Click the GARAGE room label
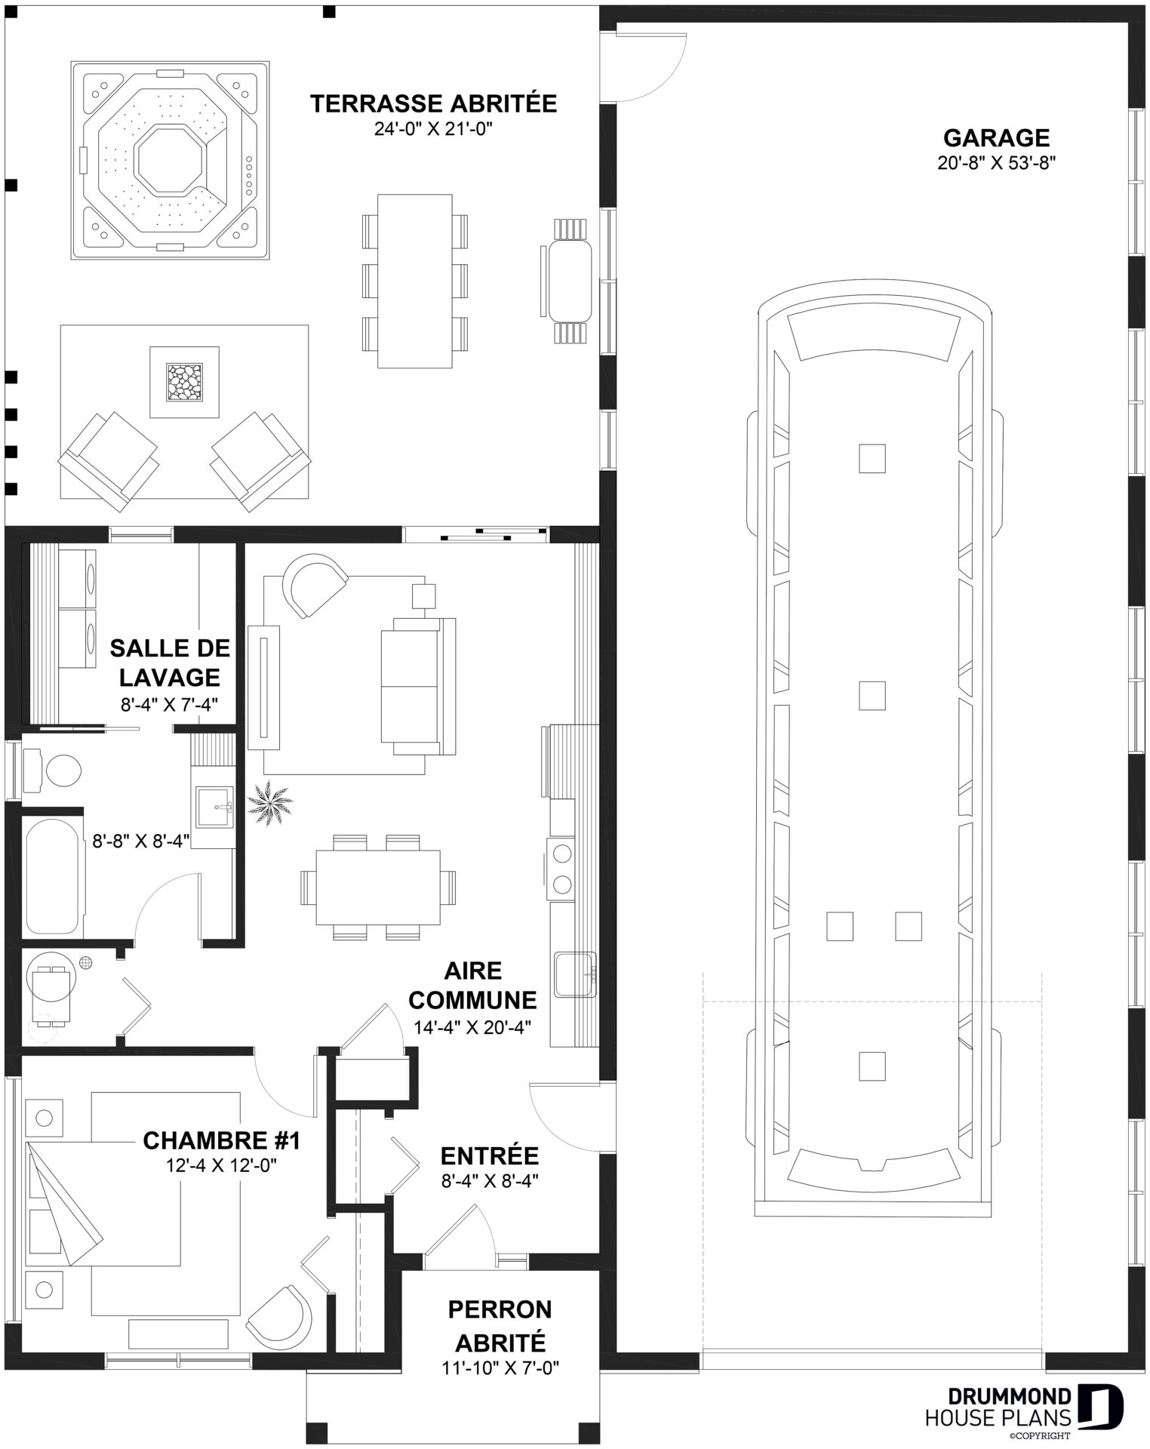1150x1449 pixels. [996, 138]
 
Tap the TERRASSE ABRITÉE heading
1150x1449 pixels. [434, 103]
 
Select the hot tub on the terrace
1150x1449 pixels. [171, 161]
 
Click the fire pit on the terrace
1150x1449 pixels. [185, 382]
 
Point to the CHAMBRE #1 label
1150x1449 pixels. [222, 1140]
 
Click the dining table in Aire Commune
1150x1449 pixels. [377, 887]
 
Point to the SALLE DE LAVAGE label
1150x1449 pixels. [170, 662]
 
